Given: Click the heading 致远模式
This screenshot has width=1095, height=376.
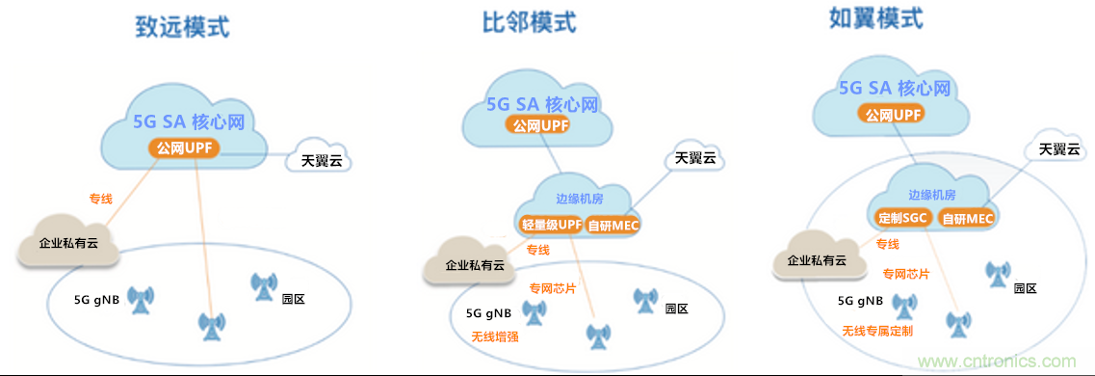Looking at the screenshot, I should [182, 26].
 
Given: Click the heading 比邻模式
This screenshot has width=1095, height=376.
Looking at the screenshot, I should [529, 21].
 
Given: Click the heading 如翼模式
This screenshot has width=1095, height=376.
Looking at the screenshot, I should [875, 18].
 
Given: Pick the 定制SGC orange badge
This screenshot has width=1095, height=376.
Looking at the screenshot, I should [902, 218].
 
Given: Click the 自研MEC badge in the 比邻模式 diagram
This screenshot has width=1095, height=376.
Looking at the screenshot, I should [613, 225].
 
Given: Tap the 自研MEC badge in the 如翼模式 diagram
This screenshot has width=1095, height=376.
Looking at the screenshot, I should [967, 218].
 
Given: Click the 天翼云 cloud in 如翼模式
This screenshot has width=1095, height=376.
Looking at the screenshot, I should [1058, 149].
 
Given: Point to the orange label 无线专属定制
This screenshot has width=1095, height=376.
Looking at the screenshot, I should [877, 331].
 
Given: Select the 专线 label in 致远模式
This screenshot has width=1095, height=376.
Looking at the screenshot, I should [101, 200].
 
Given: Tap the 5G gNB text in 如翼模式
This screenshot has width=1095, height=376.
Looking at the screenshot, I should [860, 301].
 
